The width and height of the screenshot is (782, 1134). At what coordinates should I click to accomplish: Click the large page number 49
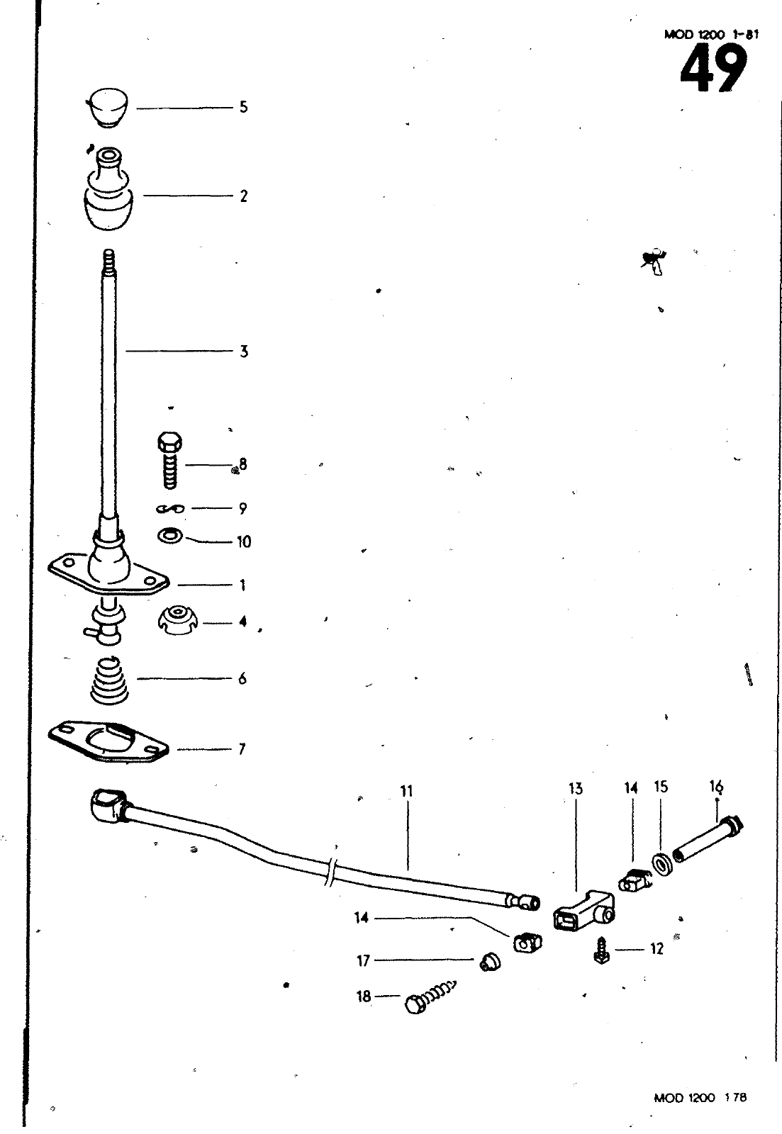(713, 69)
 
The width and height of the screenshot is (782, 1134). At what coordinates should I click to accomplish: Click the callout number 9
(243, 508)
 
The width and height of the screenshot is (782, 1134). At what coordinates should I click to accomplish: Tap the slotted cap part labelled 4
(174, 622)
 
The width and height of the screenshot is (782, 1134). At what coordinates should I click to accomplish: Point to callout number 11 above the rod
(406, 791)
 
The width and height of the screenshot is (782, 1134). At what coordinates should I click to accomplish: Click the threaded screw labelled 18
(429, 999)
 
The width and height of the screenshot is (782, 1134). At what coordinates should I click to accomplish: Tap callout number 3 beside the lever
(243, 351)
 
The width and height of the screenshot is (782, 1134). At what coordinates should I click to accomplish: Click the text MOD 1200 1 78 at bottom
(700, 1118)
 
